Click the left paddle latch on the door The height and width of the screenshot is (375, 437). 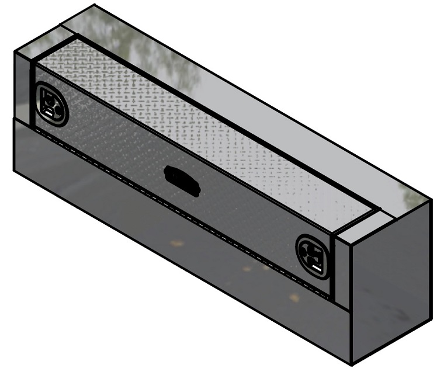[x=51, y=105]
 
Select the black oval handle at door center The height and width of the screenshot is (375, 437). [x=182, y=179]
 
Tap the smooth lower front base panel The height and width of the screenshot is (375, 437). [x=175, y=257]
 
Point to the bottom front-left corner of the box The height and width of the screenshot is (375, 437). [x=14, y=169]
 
